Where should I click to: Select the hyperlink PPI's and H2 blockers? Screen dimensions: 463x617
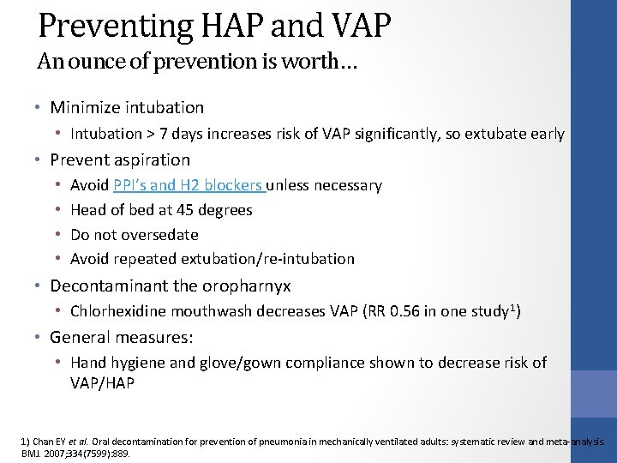tap(189, 185)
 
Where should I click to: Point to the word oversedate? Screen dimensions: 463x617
tap(159, 234)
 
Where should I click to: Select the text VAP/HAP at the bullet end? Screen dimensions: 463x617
tap(102, 382)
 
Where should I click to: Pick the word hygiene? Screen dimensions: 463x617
tap(142, 363)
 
